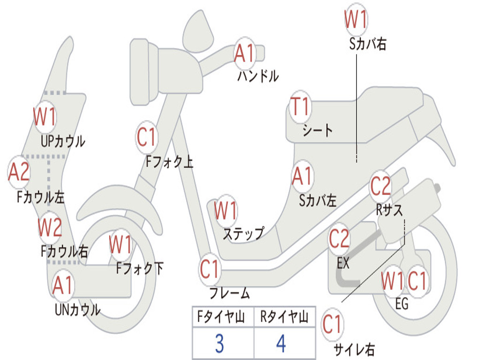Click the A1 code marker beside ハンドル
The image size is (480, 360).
point(244,53)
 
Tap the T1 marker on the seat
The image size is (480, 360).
point(300,107)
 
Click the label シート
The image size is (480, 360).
point(317,130)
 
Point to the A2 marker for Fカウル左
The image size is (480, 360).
point(19,172)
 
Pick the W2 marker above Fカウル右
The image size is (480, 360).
point(50,228)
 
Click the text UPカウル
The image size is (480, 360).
point(63,141)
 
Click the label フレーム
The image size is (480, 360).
point(229,294)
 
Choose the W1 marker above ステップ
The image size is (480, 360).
point(225,211)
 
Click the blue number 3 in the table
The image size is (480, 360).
point(219,344)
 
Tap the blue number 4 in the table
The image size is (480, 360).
point(281,344)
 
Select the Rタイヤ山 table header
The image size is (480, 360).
point(284,318)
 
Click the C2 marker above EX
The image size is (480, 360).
point(339,239)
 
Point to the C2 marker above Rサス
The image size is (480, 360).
point(380,186)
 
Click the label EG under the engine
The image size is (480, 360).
point(402,304)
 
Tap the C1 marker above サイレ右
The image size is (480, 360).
point(332,324)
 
